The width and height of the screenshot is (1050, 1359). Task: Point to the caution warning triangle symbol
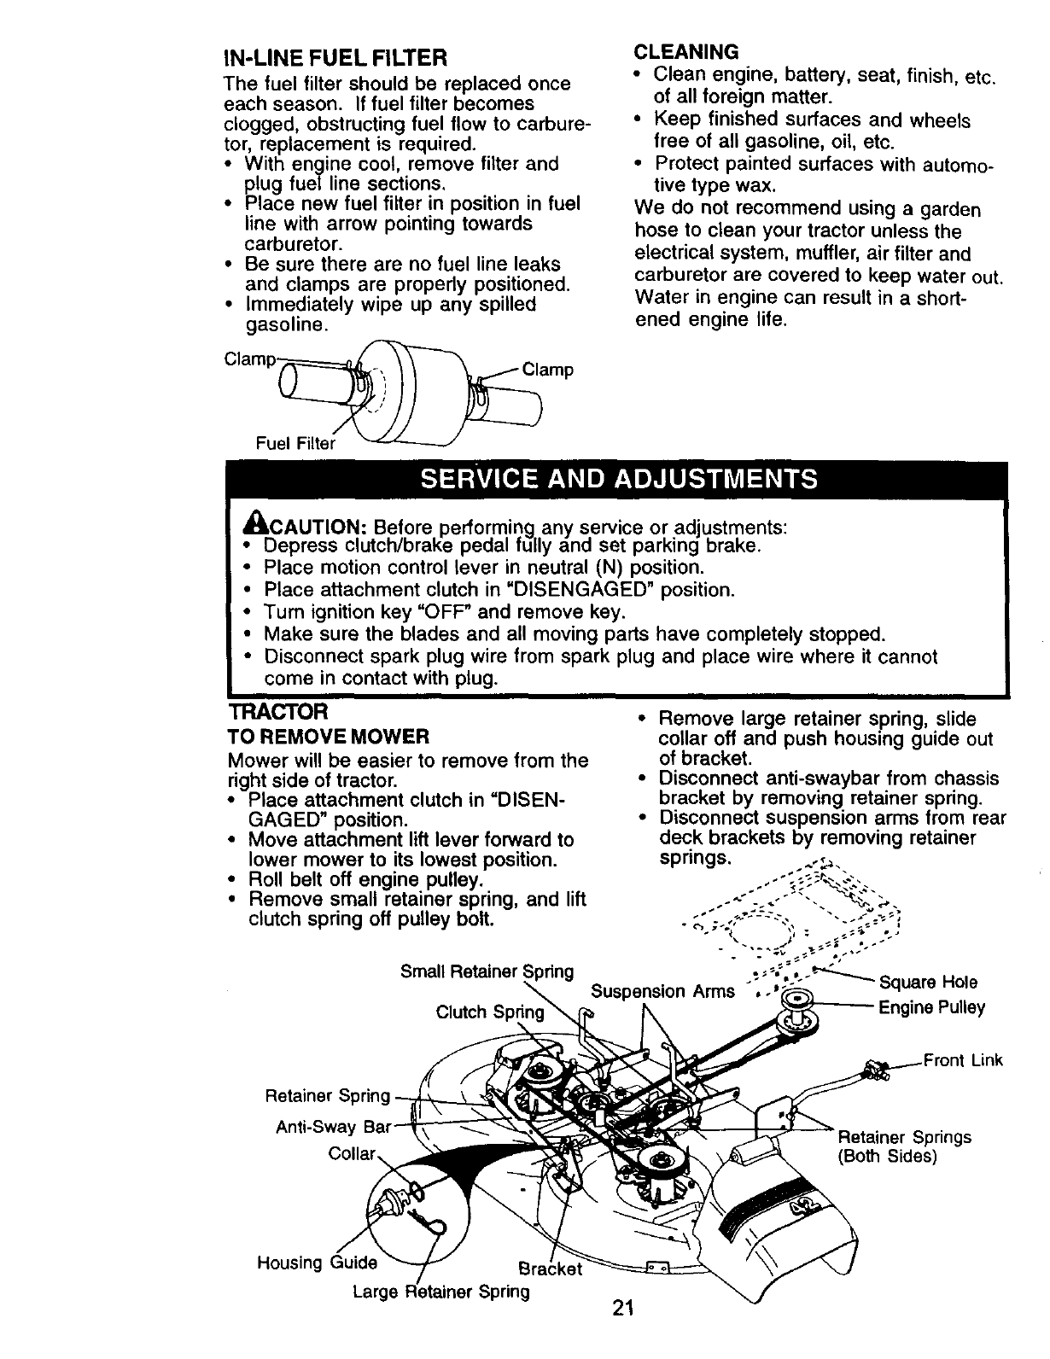pos(252,523)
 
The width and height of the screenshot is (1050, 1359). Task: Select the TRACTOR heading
pos(278,711)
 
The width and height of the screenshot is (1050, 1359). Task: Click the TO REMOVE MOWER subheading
pos(328,736)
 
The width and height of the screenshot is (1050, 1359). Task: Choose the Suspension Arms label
pos(662,991)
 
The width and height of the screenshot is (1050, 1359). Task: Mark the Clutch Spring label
pos(489,1012)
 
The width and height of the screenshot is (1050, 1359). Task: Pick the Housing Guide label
pos(317,1263)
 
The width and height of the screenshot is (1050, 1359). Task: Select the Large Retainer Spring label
pos(440,1291)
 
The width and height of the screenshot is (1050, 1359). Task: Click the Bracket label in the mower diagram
pos(551,1268)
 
